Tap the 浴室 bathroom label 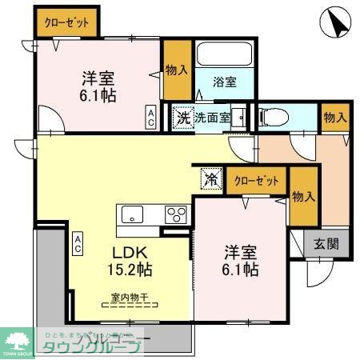225,82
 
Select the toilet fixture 273,116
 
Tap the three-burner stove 175,214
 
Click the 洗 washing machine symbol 184,117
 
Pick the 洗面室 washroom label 214,118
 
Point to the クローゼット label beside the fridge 257,181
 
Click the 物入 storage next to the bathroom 175,70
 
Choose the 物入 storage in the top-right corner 334,118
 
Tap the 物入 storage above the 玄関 302,198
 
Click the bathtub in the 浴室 224,56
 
